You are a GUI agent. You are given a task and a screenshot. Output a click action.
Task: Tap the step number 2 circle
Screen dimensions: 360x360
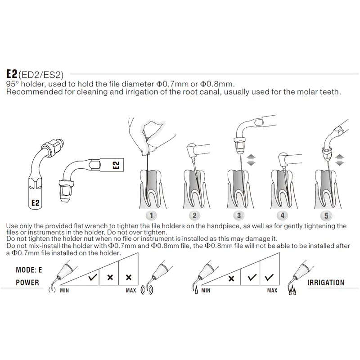[x=195, y=215]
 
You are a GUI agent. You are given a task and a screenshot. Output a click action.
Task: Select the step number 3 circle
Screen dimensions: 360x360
[x=240, y=215]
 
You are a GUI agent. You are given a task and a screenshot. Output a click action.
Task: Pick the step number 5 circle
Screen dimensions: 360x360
[x=327, y=215]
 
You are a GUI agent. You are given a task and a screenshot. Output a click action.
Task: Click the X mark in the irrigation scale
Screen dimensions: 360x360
[x=231, y=278]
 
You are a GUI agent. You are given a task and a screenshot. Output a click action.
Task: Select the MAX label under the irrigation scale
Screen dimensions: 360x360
[x=272, y=290]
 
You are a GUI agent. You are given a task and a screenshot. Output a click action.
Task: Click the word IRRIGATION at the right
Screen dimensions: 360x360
[x=325, y=283]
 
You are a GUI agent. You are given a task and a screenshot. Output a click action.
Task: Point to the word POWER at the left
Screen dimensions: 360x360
[x=27, y=283]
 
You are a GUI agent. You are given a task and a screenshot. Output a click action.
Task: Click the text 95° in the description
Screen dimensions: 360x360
[x=13, y=84]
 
